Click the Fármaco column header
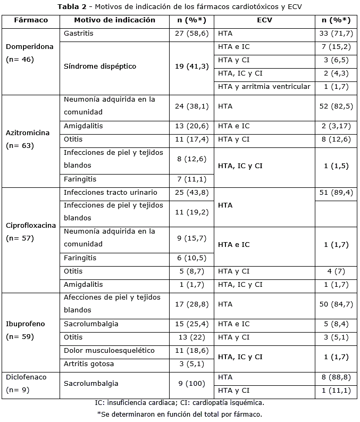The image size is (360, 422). click(x=31, y=20)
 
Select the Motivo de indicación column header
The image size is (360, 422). click(x=114, y=20)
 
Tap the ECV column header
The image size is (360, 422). click(x=264, y=20)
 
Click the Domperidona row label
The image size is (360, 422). click(x=30, y=47)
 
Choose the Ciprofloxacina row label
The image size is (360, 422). click(x=31, y=225)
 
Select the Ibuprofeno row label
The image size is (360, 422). click(x=26, y=324)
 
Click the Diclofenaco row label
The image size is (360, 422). click(x=27, y=377)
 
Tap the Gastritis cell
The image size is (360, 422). click(x=78, y=34)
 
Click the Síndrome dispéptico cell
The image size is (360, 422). click(x=100, y=67)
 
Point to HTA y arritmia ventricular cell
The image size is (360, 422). click(x=264, y=87)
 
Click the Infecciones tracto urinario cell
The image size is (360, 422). click(x=110, y=192)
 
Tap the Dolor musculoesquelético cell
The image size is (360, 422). click(x=109, y=351)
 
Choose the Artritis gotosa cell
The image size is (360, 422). click(x=89, y=364)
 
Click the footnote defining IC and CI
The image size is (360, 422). click(x=179, y=403)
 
